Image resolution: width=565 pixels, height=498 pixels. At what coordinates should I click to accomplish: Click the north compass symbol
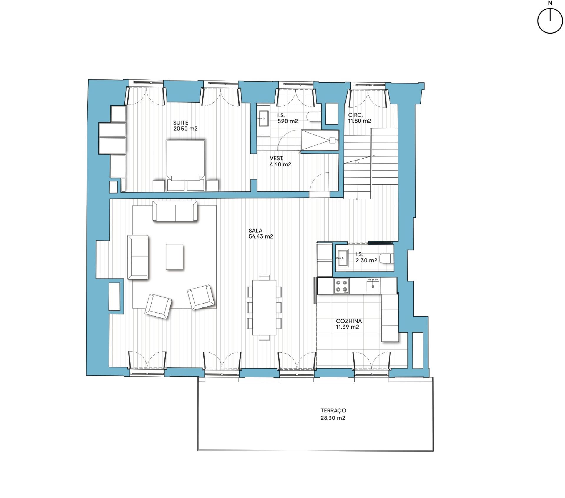click(x=550, y=21)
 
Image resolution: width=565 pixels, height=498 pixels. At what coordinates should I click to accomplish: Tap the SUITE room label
click(x=180, y=123)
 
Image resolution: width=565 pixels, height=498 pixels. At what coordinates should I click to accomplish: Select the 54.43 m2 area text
click(x=261, y=236)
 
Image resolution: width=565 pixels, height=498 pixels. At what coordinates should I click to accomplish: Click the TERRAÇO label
click(x=333, y=410)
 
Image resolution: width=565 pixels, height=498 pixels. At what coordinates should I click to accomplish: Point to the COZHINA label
click(x=349, y=321)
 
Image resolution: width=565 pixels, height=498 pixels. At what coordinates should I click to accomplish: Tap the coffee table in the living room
click(x=175, y=257)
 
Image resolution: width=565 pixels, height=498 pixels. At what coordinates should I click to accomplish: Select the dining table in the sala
click(x=264, y=307)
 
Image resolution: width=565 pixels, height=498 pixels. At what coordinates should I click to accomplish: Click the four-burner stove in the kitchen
click(x=342, y=286)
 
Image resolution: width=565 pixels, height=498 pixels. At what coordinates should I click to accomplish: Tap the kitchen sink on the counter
click(x=373, y=285)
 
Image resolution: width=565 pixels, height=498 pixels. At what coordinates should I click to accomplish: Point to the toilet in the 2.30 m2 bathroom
click(x=386, y=258)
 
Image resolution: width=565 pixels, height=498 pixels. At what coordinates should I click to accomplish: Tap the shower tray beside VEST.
click(x=320, y=141)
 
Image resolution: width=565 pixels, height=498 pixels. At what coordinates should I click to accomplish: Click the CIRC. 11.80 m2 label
click(x=359, y=118)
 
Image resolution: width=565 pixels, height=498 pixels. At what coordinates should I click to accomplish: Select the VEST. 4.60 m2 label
click(x=280, y=161)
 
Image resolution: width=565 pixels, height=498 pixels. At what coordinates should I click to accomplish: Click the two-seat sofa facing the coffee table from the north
click(x=175, y=211)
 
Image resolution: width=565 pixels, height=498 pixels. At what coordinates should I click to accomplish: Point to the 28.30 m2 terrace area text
click(x=333, y=418)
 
